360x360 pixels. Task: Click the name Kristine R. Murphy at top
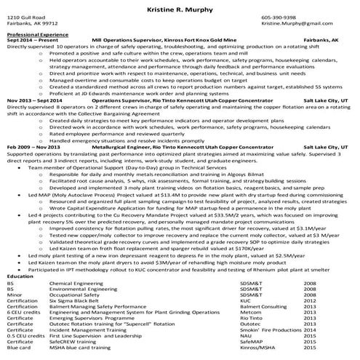180,5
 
